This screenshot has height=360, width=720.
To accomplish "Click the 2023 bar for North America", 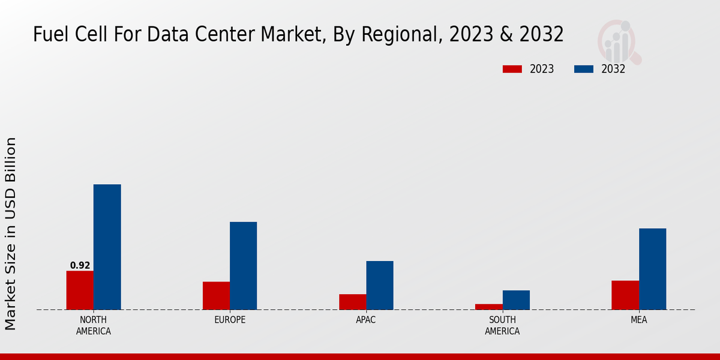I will pos(80,290).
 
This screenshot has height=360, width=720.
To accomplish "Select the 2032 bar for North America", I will pos(107,247).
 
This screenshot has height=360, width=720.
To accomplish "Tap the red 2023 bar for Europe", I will pos(216,296).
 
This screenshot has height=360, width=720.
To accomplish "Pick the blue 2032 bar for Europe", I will pos(243,266).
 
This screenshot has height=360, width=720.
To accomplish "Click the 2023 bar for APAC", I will pos(352,302).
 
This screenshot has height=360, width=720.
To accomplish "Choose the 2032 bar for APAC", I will pos(380,286).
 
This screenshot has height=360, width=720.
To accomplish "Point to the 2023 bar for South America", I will pos(488,307).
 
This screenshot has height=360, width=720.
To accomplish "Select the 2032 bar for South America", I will pos(516,300).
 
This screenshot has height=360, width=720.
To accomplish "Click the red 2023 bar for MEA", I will pos(625,295).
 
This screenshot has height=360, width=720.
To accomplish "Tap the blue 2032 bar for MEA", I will pos(652,269).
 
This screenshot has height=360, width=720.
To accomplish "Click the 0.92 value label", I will pos(80,265).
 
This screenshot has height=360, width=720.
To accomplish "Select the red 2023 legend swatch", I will pos(512,69).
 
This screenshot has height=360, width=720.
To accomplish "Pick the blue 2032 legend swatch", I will pos(583,69).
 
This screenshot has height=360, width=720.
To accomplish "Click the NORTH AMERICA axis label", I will pos(93,325).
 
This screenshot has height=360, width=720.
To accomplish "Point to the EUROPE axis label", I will pos(230,320).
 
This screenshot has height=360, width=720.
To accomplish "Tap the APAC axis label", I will pos(366,320).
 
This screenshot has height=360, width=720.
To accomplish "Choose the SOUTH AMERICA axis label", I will pos(502,325).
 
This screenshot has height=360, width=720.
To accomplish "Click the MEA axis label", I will pos(638,320).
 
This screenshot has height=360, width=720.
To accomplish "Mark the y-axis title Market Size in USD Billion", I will pos(11,233).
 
